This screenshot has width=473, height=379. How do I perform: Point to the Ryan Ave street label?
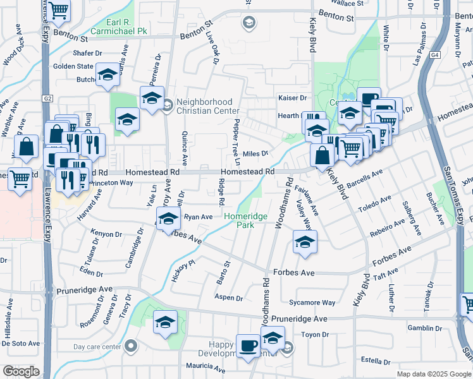coord(198,217)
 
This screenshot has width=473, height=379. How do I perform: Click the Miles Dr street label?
coord(256,153)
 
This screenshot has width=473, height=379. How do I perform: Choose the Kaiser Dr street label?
coord(292,98)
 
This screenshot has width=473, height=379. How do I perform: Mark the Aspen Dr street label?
coord(229,298)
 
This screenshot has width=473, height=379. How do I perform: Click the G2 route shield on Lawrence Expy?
coord(47,99)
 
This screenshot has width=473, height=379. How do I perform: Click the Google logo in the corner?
coord(21,371)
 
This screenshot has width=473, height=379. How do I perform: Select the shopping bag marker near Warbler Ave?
coord(28,147)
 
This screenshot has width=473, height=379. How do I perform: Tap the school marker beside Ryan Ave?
coord(168,219)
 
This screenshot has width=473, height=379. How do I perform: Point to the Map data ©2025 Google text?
coord(433,374)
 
